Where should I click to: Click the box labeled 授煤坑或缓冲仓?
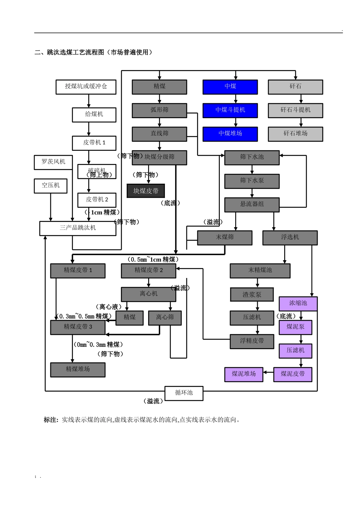pyautogui.click(x=86, y=87)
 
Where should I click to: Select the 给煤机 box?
pyautogui.click(x=94, y=114)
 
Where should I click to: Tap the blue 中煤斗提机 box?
pyautogui.click(x=230, y=110)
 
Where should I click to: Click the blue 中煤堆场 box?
pyautogui.click(x=230, y=134)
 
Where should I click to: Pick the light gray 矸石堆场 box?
pyautogui.click(x=295, y=134)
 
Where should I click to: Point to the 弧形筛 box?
pyautogui.click(x=159, y=110)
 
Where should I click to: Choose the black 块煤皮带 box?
pyautogui.click(x=146, y=191)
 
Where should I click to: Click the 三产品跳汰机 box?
pyautogui.click(x=78, y=228)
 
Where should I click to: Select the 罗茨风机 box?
pyautogui.click(x=53, y=162)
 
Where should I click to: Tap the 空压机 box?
pyautogui.click(x=50, y=186)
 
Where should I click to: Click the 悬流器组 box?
pyautogui.click(x=252, y=205)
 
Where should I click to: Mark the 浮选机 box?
pyautogui.click(x=290, y=237)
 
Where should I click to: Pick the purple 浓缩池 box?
pyautogui.click(x=298, y=303)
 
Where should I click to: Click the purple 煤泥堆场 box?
pyautogui.click(x=244, y=374)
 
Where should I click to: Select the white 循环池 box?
pyautogui.click(x=184, y=393)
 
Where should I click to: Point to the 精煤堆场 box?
pyautogui.click(x=78, y=369)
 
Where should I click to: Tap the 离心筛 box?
pyautogui.click(x=164, y=318)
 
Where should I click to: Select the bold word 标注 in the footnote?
pyautogui.click(x=51, y=420)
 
